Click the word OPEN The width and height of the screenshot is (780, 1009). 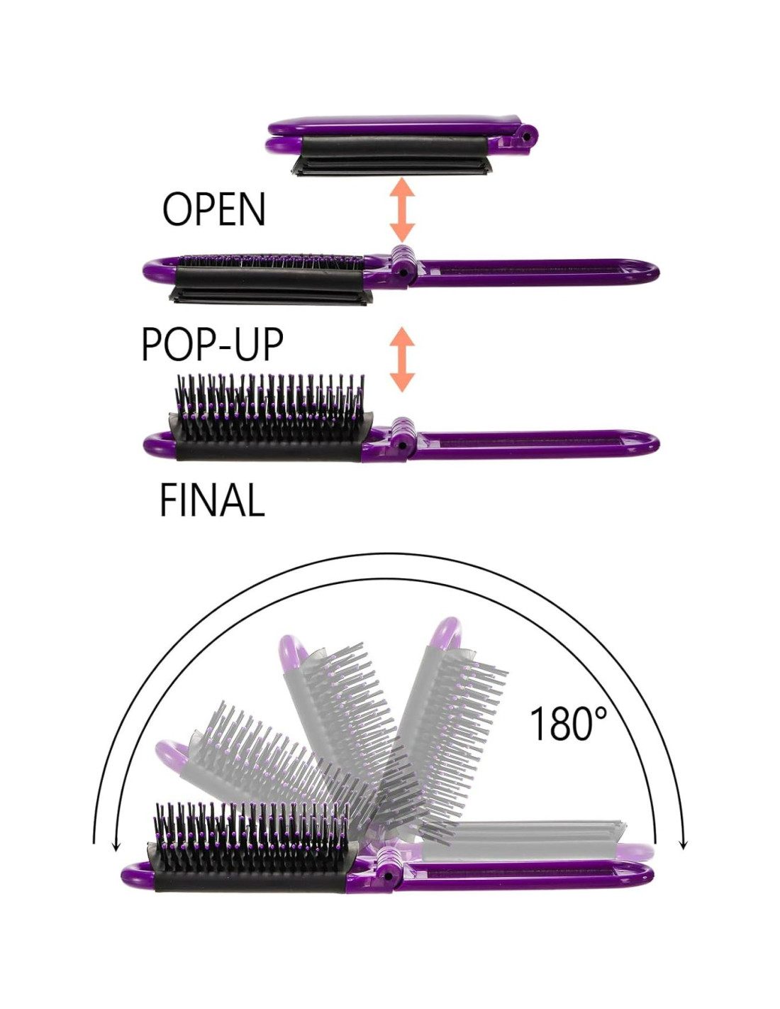tap(213, 209)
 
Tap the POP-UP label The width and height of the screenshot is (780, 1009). tap(212, 345)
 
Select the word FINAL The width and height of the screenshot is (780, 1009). tap(211, 501)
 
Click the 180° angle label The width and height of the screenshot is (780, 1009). tap(568, 724)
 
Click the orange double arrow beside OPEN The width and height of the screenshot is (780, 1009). tap(402, 209)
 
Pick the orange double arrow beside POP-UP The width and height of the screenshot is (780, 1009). tap(402, 359)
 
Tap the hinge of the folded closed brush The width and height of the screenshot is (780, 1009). tap(526, 135)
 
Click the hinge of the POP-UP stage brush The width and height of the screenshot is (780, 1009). tap(403, 265)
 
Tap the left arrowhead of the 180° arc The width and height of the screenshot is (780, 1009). tap(115, 844)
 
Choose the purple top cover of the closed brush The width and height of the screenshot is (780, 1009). tap(397, 126)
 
